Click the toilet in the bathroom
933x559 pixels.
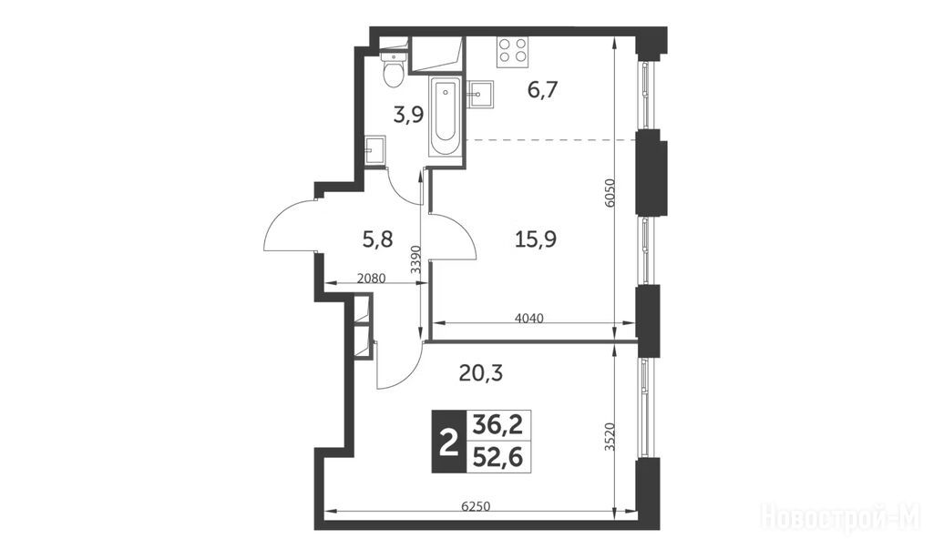tap(394, 68)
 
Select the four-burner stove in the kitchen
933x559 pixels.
tap(512, 51)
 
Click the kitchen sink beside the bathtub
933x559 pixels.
tap(480, 96)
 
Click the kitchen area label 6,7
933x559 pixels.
tap(542, 90)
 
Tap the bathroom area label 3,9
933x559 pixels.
tap(409, 114)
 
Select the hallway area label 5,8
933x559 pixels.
tap(377, 239)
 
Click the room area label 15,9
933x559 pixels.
tap(535, 239)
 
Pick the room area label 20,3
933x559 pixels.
tap(481, 373)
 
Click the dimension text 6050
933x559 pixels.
tap(609, 193)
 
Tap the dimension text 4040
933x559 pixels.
tap(529, 318)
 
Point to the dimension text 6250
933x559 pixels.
tap(476, 506)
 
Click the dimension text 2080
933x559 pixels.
tap(372, 278)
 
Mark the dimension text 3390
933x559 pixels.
tap(415, 259)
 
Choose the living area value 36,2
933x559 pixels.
tap(497, 425)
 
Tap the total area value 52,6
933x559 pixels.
tap(497, 457)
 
